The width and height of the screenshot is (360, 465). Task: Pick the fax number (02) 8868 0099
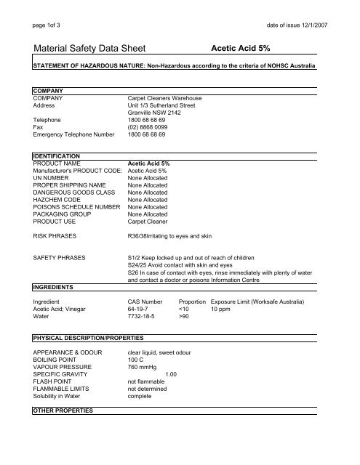(149, 126)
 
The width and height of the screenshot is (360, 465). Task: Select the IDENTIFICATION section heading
(60, 155)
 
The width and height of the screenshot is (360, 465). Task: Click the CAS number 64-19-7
(140, 308)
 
